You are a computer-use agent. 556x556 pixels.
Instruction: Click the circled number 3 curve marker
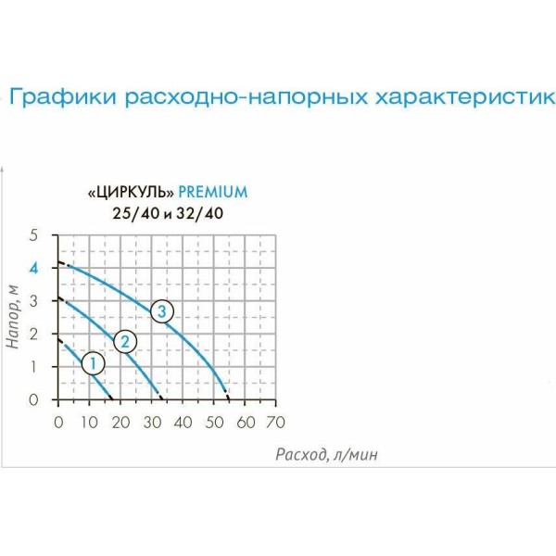162,311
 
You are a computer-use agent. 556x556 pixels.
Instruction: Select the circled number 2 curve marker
125,342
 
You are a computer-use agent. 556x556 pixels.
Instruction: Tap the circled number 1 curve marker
94,363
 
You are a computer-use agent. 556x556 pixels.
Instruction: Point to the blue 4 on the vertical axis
33,268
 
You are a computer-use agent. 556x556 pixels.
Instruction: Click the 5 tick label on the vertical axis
33,235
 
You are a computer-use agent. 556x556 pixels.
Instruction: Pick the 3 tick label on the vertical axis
33,301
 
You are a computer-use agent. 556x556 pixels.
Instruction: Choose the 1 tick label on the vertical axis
33,367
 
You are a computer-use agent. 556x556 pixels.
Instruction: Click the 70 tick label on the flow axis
275,423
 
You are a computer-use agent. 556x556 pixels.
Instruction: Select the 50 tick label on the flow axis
214,423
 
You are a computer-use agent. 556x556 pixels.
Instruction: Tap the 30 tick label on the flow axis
152,423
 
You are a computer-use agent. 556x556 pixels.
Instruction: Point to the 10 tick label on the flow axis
89,423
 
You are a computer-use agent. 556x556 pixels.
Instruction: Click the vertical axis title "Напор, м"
13,317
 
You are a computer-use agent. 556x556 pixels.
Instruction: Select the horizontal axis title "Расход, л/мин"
326,454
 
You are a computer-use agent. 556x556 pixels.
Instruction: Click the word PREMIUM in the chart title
213,192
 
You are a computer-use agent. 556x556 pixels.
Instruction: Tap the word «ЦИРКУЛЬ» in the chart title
132,192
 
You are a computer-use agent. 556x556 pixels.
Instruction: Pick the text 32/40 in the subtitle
199,213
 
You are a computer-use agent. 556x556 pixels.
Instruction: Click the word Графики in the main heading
62,96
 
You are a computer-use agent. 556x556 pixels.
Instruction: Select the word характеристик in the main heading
465,97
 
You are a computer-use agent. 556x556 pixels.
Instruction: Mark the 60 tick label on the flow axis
246,423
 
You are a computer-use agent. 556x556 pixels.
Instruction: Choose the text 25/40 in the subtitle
136,213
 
